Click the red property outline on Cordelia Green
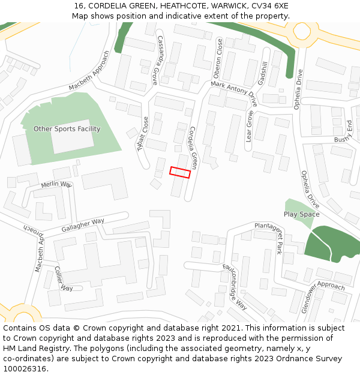[180, 172]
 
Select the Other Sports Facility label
[67, 129]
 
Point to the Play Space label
[301, 214]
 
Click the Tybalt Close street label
[143, 133]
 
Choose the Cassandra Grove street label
[158, 59]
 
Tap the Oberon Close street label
[218, 58]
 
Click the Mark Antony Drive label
[233, 95]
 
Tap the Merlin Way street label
[56, 185]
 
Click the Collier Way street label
[63, 279]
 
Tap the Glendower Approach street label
[323, 289]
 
